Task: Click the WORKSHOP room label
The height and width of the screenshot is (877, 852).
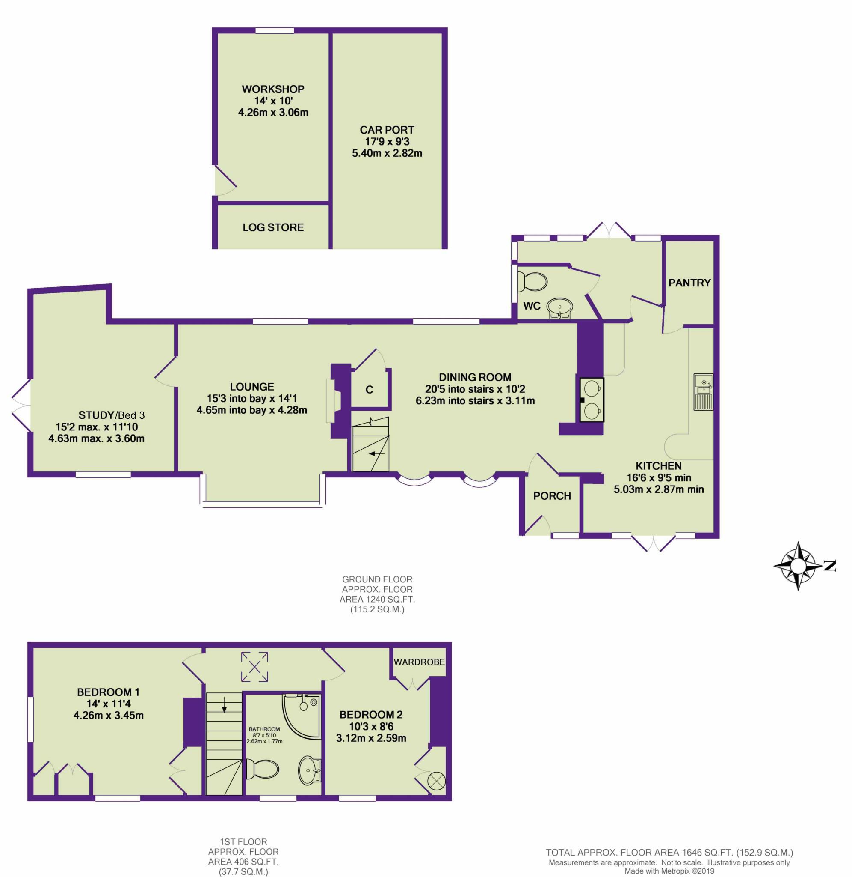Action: (273, 89)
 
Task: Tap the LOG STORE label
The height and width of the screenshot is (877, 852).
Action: (273, 227)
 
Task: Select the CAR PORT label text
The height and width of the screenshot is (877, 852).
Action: (387, 130)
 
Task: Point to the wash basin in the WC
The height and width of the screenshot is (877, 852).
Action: (559, 308)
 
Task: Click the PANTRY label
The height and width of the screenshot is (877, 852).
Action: (689, 283)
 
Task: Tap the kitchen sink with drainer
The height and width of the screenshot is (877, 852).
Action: (703, 391)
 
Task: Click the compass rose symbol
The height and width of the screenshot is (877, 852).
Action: (798, 567)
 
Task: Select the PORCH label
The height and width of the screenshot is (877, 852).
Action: (552, 496)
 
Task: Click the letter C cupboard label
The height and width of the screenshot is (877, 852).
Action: (369, 390)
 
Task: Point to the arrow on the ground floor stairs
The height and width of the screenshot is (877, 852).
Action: (377, 454)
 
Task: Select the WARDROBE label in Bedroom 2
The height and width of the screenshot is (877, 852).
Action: (419, 662)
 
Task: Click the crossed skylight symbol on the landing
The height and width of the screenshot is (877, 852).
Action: (254, 667)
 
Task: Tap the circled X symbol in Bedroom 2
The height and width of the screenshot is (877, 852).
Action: (436, 781)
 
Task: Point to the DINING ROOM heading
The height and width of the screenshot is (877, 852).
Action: (475, 377)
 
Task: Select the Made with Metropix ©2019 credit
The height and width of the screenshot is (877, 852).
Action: (669, 871)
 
